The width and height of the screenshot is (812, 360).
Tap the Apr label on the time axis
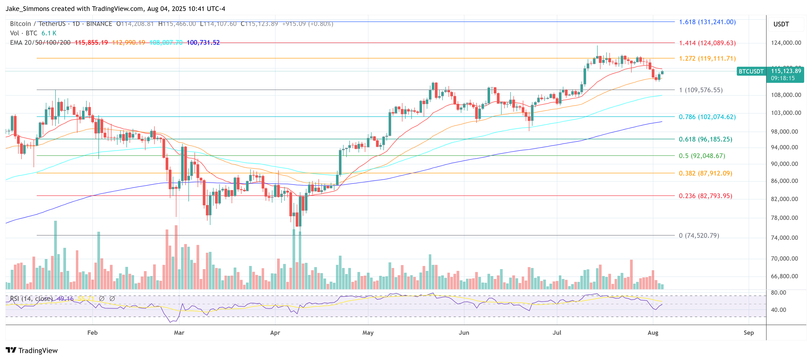click(275, 332)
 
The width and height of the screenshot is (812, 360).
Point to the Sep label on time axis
click(748, 332)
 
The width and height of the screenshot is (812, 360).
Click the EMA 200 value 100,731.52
click(203, 43)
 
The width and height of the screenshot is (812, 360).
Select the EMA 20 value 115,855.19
click(91, 43)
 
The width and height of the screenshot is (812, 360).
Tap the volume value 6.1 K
click(49, 33)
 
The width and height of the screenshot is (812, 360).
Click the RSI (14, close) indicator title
click(31, 298)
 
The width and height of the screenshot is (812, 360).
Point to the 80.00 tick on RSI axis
click(778, 293)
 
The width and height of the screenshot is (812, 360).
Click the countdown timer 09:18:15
click(783, 78)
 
